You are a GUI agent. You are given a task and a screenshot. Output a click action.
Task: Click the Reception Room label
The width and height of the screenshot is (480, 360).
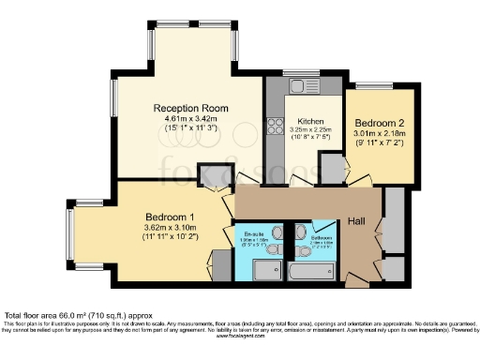(185, 109)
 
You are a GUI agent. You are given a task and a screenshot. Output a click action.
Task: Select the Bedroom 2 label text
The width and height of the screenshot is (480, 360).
(380, 122)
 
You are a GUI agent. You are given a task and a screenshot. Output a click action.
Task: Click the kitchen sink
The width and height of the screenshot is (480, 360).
(303, 87)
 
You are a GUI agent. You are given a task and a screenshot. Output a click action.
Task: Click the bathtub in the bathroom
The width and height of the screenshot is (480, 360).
(310, 273)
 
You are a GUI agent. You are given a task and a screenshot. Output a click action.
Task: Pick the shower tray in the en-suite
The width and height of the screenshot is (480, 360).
(267, 270)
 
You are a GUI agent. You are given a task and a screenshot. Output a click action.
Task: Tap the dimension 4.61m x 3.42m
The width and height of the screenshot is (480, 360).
(185, 119)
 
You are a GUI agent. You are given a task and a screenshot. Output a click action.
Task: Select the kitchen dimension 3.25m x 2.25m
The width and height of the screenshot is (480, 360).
(310, 133)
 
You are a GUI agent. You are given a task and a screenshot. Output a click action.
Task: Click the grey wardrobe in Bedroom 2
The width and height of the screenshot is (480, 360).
(332, 168)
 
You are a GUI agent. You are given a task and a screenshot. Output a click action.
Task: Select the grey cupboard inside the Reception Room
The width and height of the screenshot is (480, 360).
(217, 174)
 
